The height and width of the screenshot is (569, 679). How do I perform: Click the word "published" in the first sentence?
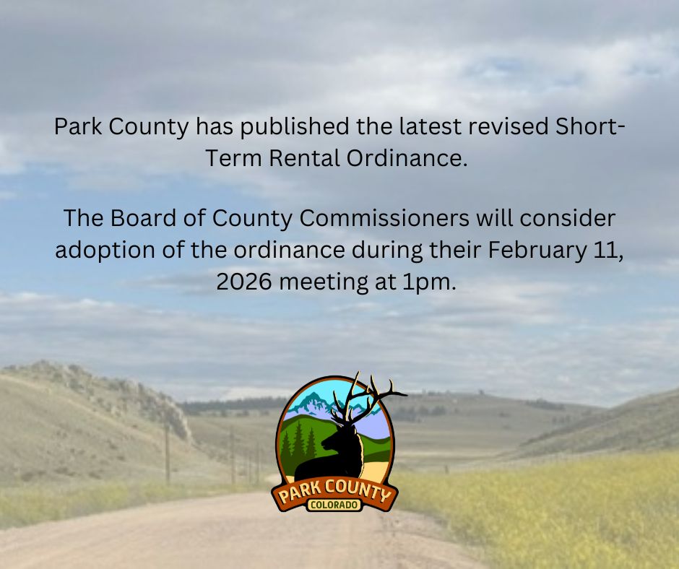(295, 128)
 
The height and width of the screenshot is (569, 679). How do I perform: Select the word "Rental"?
(304, 157)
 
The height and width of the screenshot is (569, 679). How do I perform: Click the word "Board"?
(143, 218)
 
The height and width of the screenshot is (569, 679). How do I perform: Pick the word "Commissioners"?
(384, 218)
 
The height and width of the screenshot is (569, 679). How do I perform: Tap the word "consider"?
(567, 218)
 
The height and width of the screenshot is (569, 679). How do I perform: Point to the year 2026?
(244, 282)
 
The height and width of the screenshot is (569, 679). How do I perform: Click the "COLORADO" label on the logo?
(334, 505)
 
